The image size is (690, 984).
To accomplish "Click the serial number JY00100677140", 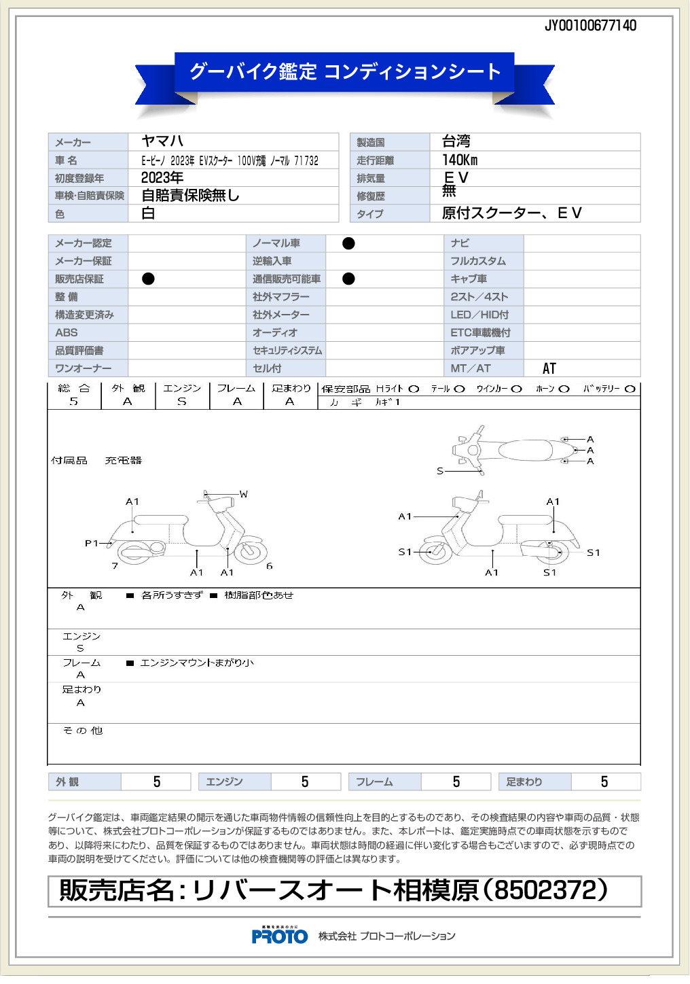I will pyautogui.click(x=590, y=26).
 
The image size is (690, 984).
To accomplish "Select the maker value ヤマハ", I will pyautogui.click(x=162, y=141).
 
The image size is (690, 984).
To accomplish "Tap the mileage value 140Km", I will pyautogui.click(x=460, y=160).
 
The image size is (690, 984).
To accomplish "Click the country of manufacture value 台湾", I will pyautogui.click(x=456, y=141).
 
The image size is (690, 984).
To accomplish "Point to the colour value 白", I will pyautogui.click(x=148, y=213).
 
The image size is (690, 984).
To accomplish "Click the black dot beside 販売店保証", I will pyautogui.click(x=148, y=279).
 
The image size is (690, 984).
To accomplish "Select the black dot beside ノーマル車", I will pyautogui.click(x=348, y=243).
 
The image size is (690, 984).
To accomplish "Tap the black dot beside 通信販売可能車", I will pyautogui.click(x=348, y=279).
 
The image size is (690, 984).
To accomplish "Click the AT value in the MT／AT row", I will pyautogui.click(x=549, y=368).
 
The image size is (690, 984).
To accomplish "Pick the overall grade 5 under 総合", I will pyautogui.click(x=74, y=402).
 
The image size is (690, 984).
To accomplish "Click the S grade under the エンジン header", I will pyautogui.click(x=182, y=402).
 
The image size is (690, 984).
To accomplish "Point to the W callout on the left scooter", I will pyautogui.click(x=244, y=494).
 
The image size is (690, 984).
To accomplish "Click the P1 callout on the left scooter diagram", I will pyautogui.click(x=92, y=543).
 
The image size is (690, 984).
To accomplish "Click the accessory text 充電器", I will pyautogui.click(x=124, y=460).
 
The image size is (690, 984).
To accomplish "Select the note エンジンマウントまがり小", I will pyautogui.click(x=197, y=663).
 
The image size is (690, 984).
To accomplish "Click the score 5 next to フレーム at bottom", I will pyautogui.click(x=456, y=781).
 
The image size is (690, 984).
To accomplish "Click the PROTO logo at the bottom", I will pyautogui.click(x=280, y=936).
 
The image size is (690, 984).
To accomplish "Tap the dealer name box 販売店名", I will pyautogui.click(x=344, y=891).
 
